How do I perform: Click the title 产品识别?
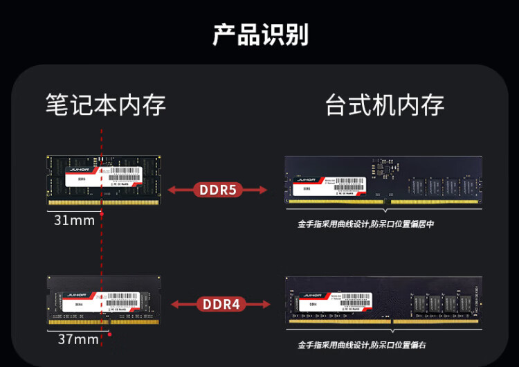(260, 34)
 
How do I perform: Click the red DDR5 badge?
(219, 189)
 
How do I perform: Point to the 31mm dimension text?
(74, 220)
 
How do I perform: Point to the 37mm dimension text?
(78, 339)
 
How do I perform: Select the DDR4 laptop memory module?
(102, 299)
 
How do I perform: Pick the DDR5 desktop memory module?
(383, 180)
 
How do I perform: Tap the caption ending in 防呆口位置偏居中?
(366, 224)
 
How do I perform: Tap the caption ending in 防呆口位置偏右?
(362, 344)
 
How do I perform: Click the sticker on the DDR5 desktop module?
(329, 186)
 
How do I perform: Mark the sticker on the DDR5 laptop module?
(101, 177)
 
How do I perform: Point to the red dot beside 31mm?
(102, 214)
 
